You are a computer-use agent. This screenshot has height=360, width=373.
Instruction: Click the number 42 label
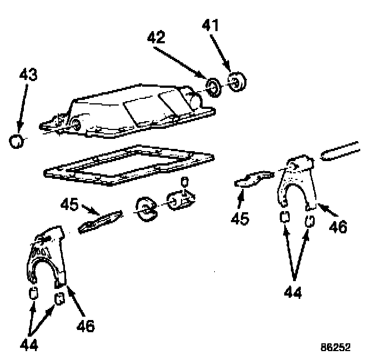157,38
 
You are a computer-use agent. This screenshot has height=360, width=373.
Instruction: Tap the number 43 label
28,74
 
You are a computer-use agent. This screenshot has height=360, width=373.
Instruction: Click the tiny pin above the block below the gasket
185,182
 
